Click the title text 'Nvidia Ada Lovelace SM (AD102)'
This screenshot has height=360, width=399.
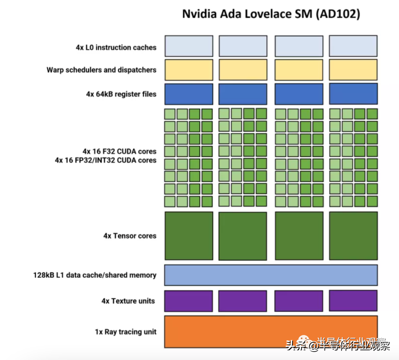(x=271, y=14)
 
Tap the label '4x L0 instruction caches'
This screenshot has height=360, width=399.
(x=116, y=48)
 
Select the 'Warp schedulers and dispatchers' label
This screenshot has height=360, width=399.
(x=101, y=70)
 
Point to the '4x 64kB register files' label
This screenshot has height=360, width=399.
(x=121, y=94)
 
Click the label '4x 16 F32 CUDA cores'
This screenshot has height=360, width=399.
(x=119, y=151)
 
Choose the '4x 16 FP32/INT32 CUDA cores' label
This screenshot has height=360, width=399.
(x=106, y=160)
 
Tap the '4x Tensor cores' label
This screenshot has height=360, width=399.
(x=130, y=236)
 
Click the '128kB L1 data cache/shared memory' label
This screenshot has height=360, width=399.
(x=95, y=275)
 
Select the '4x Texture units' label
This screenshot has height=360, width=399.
(x=128, y=301)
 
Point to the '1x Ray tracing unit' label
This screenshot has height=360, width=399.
(x=125, y=332)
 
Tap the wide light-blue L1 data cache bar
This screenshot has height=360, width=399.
(x=270, y=275)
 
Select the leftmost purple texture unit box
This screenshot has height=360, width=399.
(x=188, y=301)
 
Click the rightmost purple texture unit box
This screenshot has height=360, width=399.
(x=353, y=301)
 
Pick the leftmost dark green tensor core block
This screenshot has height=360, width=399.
(x=188, y=236)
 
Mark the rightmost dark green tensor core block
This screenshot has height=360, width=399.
(x=353, y=236)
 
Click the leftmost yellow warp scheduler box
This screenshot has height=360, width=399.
(x=188, y=70)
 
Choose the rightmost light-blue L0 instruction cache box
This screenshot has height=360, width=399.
(x=353, y=46)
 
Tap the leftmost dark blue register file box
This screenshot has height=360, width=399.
(x=188, y=94)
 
